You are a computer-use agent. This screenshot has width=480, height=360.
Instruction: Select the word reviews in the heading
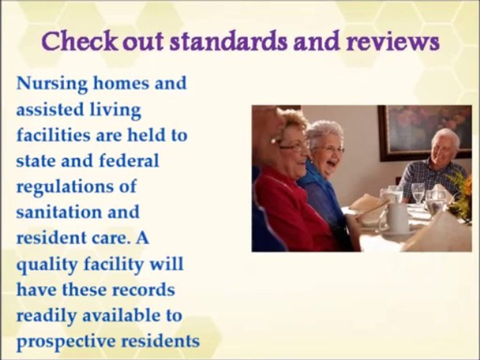click(398, 42)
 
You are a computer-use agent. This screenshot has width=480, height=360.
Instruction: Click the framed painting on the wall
click(424, 131)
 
